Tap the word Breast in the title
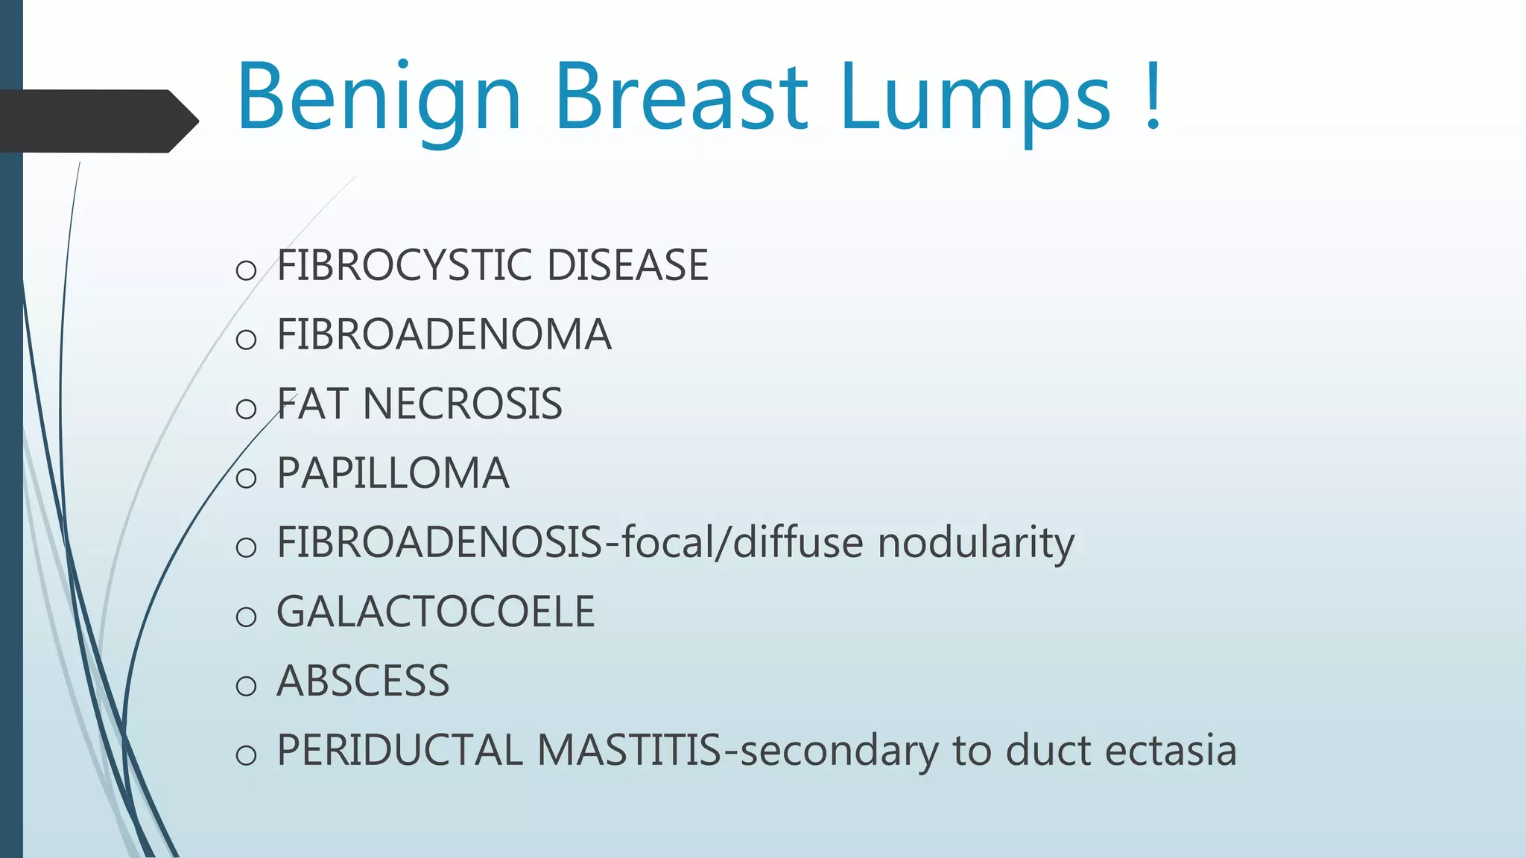click(681, 97)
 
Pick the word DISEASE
click(627, 265)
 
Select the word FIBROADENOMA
click(444, 334)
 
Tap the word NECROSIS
click(462, 404)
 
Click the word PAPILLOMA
click(393, 473)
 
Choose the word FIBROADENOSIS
click(439, 542)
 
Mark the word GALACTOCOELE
click(435, 611)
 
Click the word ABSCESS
click(363, 681)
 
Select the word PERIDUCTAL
click(399, 750)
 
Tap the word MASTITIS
click(629, 750)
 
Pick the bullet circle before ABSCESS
click(246, 686)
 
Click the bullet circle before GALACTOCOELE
click(246, 617)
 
